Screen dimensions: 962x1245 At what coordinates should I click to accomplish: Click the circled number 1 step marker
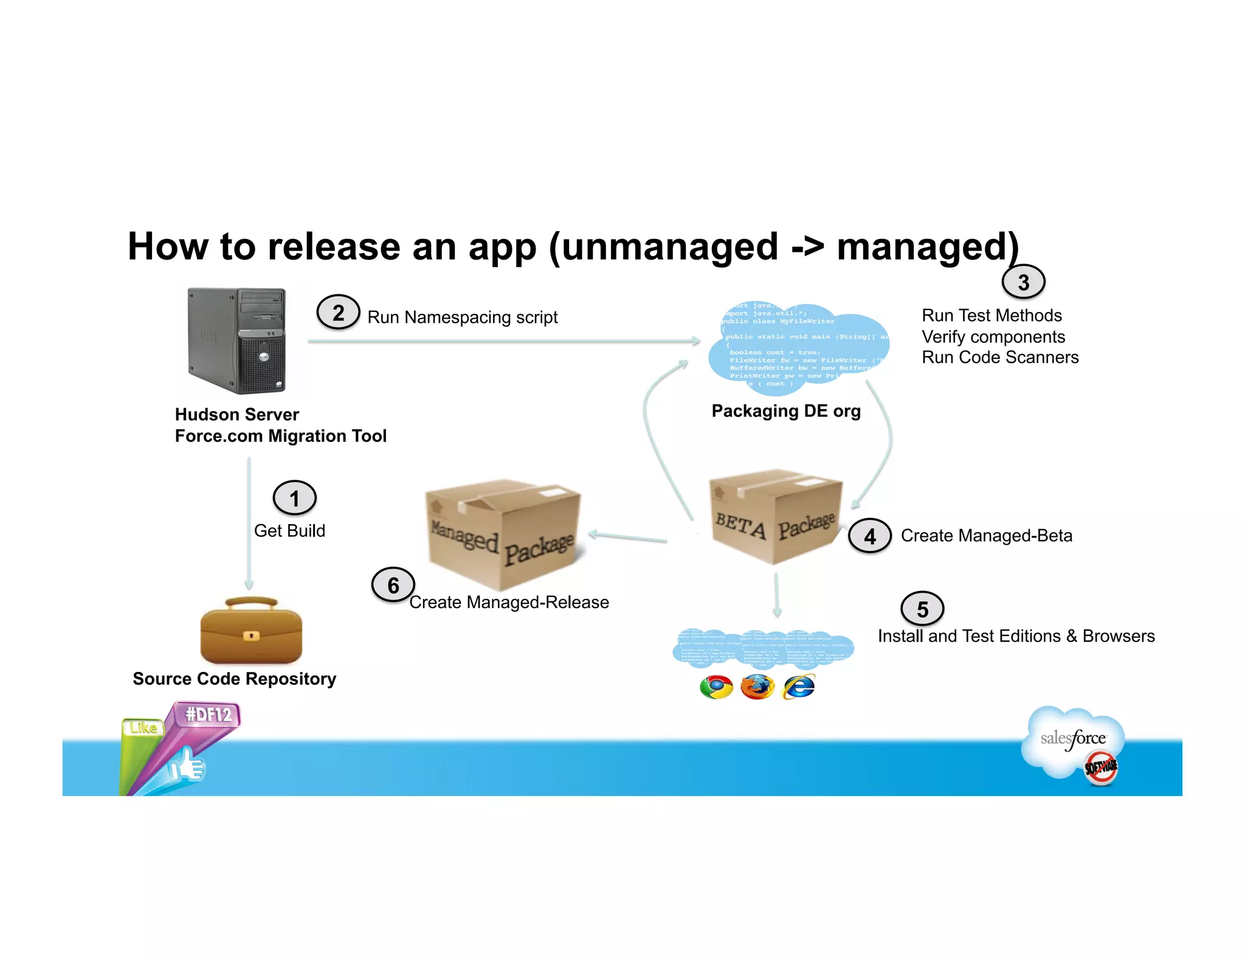294,498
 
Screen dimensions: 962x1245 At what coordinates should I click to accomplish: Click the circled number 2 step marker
338,313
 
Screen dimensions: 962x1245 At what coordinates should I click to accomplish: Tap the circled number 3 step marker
1023,282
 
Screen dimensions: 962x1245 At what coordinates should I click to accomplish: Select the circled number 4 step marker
869,536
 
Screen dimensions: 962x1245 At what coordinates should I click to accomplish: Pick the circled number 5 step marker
922,609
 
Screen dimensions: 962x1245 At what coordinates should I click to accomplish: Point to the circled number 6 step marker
393,585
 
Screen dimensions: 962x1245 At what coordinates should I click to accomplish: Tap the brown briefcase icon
251,631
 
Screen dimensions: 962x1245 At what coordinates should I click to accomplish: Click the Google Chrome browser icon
716,687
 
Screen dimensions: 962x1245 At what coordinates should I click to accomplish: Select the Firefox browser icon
757,687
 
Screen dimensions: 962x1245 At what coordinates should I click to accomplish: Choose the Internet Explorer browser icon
799,687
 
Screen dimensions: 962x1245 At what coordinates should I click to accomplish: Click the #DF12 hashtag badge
208,714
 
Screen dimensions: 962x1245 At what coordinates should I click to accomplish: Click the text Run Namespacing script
462,317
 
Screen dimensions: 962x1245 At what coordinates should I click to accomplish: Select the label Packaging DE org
785,411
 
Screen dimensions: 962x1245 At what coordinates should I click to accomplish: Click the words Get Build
289,531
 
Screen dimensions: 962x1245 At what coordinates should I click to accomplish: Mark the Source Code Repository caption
234,679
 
